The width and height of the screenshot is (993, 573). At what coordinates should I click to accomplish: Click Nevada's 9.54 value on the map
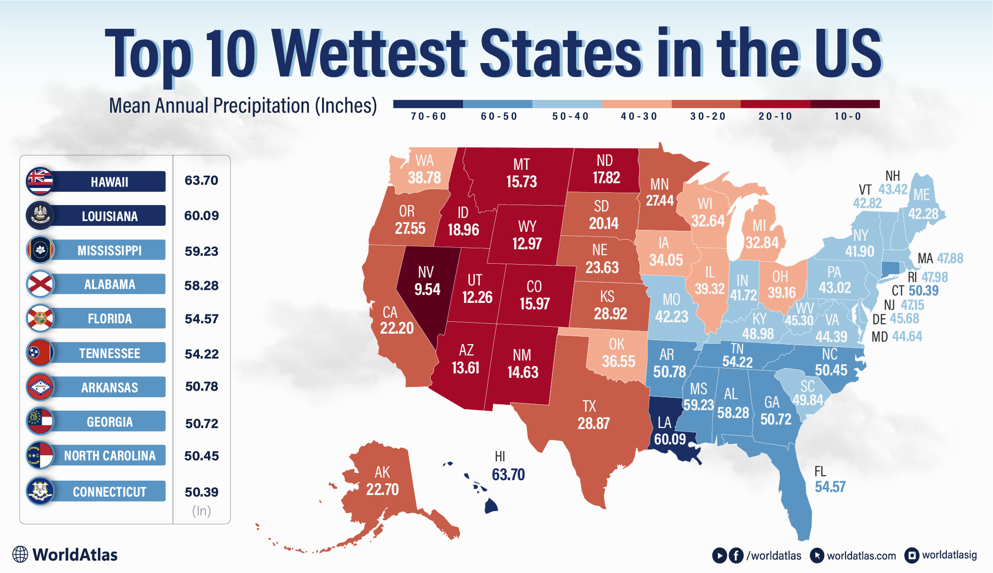coord(427,289)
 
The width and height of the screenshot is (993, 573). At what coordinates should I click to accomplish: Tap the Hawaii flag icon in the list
coord(40,181)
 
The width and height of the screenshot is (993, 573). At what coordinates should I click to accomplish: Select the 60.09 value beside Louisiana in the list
coord(201,215)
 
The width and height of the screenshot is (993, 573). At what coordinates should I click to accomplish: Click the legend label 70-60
coord(428,116)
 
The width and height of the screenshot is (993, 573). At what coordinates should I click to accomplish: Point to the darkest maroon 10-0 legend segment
coord(845,104)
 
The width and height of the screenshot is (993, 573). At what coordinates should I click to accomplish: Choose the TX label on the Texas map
coord(589,406)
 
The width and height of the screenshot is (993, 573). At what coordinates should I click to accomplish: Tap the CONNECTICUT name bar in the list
coord(109,492)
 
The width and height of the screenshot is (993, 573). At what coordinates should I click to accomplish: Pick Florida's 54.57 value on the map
coord(830,487)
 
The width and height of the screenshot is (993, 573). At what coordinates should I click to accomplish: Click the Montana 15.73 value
coord(521,182)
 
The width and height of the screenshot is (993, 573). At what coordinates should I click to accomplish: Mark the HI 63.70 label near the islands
coord(508,467)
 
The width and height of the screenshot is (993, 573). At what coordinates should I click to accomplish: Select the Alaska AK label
coord(382,472)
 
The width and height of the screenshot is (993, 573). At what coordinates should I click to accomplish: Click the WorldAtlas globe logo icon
coord(20,554)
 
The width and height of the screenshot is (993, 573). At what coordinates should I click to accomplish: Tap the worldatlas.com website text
coord(861,556)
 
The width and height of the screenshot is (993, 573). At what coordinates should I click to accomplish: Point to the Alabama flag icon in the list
coord(40,284)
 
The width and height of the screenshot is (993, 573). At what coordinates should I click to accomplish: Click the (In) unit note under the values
coord(201,511)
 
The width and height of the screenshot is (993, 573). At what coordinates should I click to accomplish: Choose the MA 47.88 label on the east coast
coord(940,258)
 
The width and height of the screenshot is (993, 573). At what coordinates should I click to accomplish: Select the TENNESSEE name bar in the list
coord(109,353)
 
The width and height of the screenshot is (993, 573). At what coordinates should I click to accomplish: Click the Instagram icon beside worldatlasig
coord(912,555)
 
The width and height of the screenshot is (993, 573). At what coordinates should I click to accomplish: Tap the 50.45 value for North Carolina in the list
coord(201,456)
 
